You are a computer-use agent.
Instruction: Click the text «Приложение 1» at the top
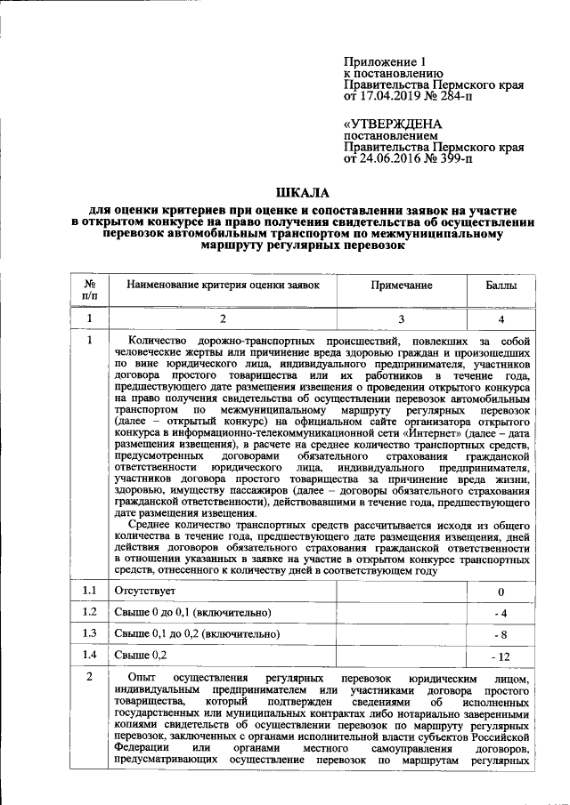379,61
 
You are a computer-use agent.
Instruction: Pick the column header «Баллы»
501,286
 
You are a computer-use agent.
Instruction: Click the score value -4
501,613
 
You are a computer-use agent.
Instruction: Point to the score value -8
501,635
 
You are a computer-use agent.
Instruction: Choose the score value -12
501,656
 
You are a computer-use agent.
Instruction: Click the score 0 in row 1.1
501,592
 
